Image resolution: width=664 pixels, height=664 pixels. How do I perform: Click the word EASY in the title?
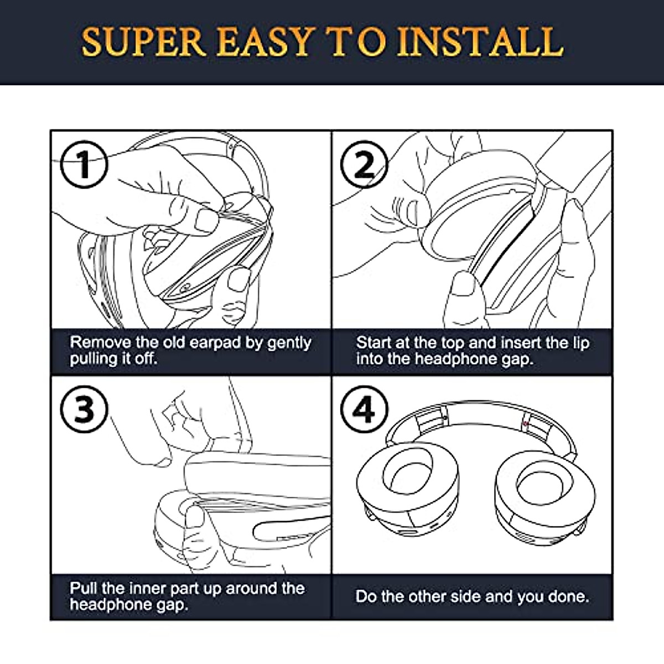pos(266,41)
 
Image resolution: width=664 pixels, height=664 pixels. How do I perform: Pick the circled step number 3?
pos(84,410)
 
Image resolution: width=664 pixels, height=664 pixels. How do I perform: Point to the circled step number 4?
pos(364,410)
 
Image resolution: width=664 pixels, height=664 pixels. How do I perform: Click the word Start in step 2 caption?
pos(375,343)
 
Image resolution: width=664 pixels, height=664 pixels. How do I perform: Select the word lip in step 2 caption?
pos(581,344)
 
